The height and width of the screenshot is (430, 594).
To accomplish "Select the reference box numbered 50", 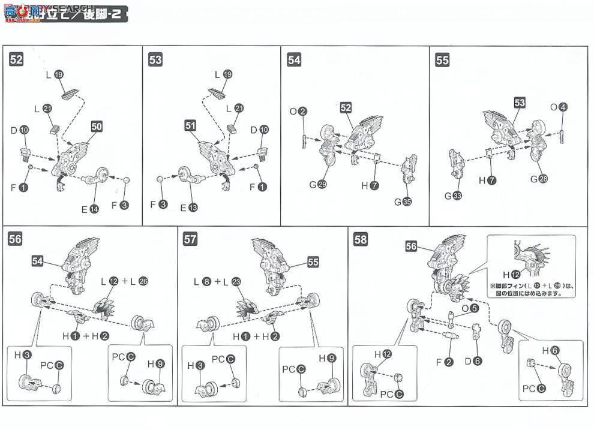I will [x=97, y=127].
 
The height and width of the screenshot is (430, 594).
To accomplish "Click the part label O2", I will [x=298, y=111].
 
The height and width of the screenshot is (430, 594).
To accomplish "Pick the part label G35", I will [x=403, y=202].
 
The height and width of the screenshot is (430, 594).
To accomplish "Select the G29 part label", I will [x=318, y=185].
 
